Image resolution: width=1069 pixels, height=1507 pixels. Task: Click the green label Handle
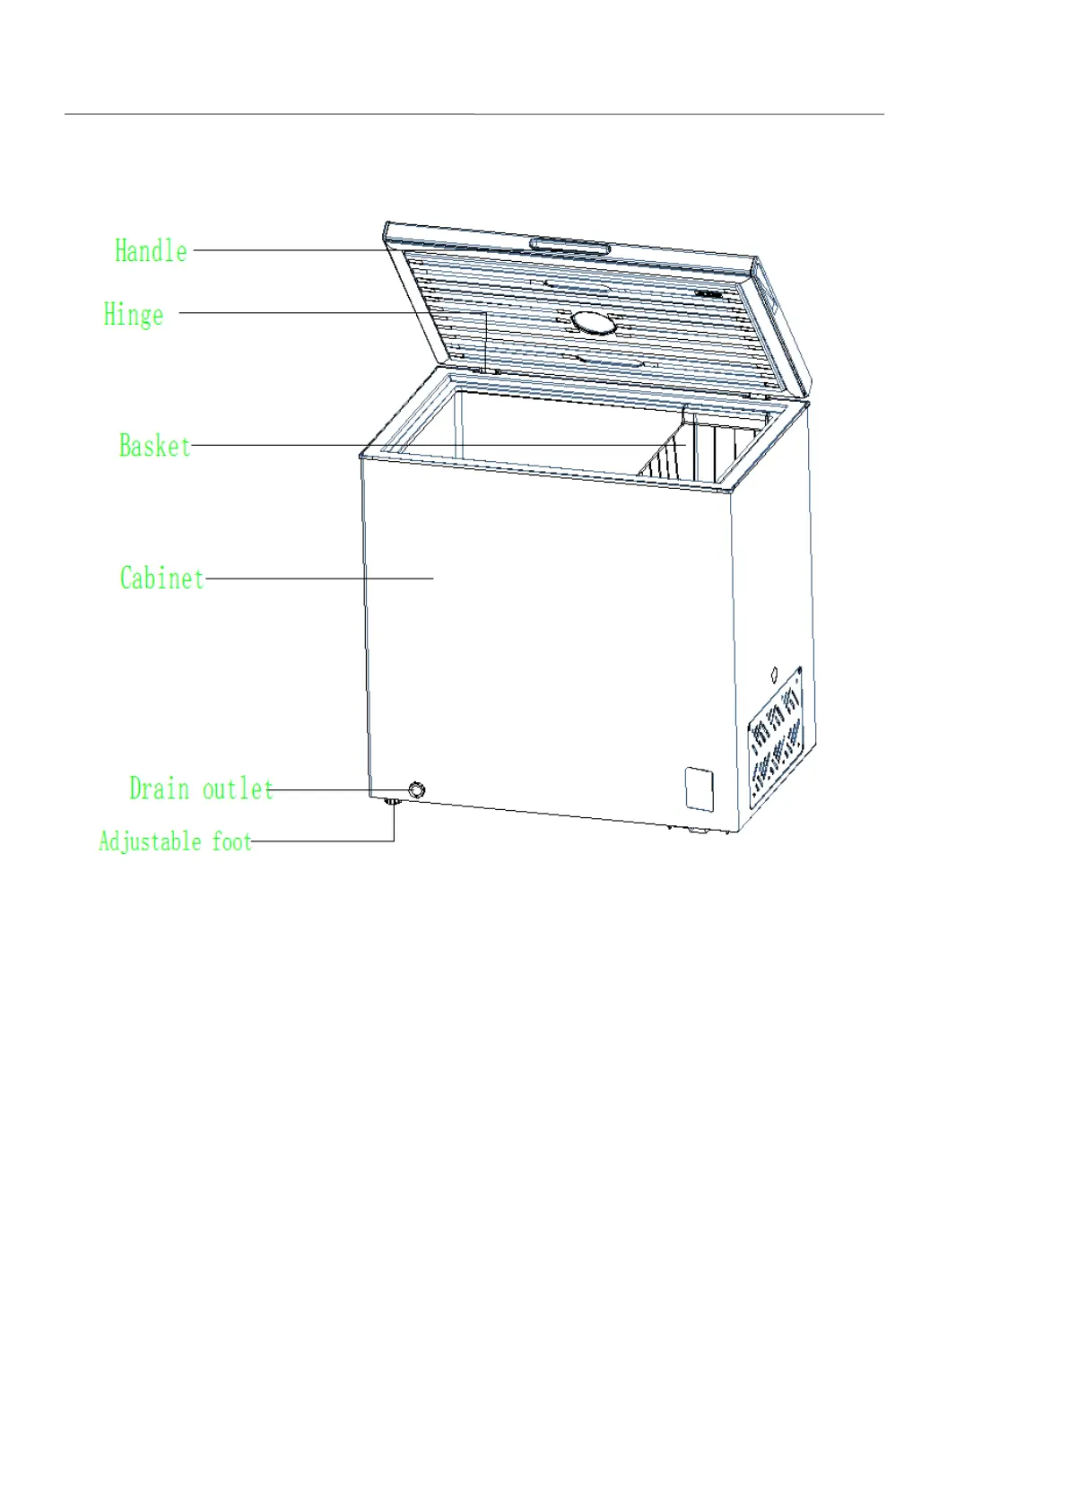(151, 250)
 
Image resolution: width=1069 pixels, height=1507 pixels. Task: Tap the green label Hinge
(134, 314)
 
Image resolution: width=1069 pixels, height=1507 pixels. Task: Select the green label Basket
(154, 445)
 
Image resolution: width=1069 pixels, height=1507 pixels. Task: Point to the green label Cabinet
(162, 578)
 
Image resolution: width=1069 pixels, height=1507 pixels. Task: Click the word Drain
(160, 788)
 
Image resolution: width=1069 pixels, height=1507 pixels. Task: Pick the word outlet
(238, 788)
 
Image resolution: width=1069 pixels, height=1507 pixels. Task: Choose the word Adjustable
(150, 841)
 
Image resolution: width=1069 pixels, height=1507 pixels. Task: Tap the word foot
(232, 841)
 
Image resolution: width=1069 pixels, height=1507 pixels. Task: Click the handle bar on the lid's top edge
(569, 246)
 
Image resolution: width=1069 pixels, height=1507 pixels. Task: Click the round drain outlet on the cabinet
(417, 789)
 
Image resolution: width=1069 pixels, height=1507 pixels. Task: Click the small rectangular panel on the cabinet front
(700, 788)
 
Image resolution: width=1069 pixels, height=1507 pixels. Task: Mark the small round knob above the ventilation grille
(775, 673)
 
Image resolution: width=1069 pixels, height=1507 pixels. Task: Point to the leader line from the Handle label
(287, 250)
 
